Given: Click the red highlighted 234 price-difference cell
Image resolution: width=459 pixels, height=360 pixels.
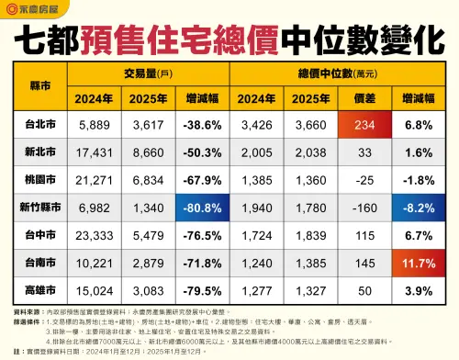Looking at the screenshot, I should [x=361, y=124].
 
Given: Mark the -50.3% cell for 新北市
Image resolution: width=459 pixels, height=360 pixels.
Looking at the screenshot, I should [x=198, y=151].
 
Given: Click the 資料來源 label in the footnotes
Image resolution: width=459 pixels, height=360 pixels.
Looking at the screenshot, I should [x=28, y=313].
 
